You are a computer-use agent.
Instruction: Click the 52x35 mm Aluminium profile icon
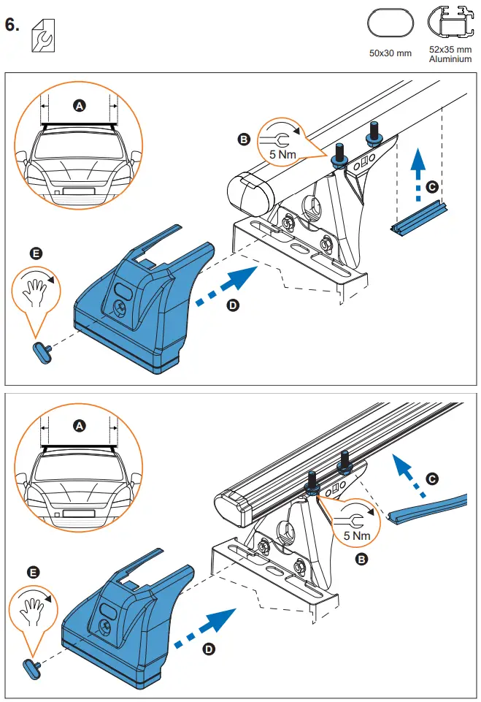[x=450, y=23]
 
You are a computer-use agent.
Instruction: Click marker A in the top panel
[x=79, y=106]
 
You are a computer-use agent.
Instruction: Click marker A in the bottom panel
[x=79, y=424]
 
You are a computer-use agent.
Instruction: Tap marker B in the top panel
[x=244, y=138]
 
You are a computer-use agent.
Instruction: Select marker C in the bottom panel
[x=432, y=478]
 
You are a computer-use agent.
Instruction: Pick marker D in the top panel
[x=233, y=305]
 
